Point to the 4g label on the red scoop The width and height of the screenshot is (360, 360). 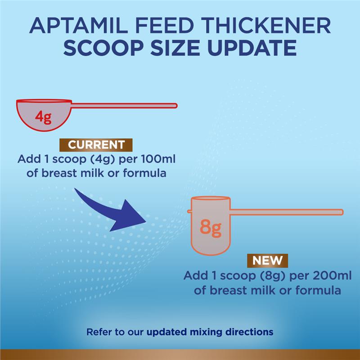[43, 118]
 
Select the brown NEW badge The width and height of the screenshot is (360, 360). [267, 261]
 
